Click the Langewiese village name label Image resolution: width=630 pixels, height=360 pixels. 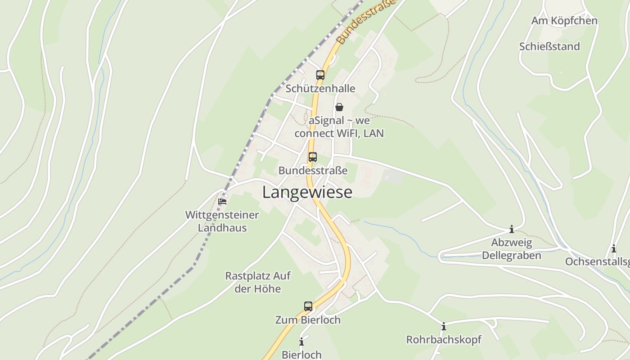point(307,192)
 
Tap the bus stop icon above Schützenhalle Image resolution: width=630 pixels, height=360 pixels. point(320,75)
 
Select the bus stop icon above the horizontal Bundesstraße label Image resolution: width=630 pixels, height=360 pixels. point(312,157)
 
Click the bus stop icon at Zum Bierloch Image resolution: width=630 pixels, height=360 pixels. point(308,306)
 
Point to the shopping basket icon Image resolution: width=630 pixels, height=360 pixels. point(339,107)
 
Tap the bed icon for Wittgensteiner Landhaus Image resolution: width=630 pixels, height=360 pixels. point(222,201)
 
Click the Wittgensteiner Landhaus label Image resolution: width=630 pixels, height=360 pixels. point(222,221)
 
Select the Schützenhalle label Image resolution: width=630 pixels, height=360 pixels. point(320,89)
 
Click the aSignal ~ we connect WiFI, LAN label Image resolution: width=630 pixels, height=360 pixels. point(339,127)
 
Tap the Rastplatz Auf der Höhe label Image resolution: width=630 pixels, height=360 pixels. point(257,282)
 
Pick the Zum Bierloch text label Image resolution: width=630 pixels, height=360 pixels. point(308,320)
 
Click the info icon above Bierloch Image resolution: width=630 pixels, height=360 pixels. point(301,342)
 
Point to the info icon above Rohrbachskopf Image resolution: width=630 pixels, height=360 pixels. point(443,326)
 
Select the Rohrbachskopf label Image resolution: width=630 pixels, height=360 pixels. point(443,340)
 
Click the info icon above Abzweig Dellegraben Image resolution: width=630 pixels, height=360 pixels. point(511,229)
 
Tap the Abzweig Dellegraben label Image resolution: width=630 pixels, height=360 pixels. point(511,249)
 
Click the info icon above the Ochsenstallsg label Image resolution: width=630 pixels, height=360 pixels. point(613,248)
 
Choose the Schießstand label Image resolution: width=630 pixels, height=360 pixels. point(549,47)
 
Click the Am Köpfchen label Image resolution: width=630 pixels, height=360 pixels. point(564,21)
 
